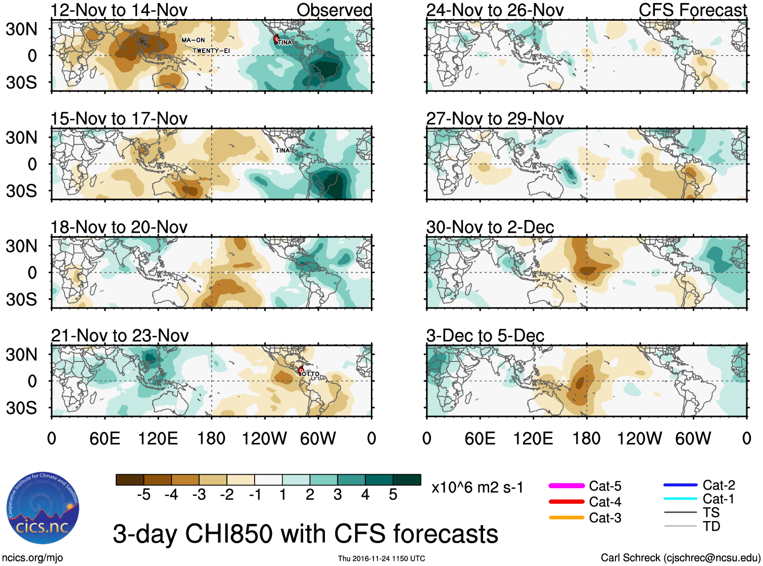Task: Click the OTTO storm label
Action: click(x=311, y=374)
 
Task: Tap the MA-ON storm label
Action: click(x=193, y=40)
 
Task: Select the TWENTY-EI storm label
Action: click(x=211, y=51)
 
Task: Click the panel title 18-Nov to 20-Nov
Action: click(x=119, y=227)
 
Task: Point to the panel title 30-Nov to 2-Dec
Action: click(x=490, y=227)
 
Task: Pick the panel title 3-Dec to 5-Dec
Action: click(x=485, y=336)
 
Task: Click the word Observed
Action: click(x=334, y=10)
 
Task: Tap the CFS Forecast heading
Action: click(x=692, y=10)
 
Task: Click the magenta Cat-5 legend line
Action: click(x=566, y=486)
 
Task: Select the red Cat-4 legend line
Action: click(x=566, y=502)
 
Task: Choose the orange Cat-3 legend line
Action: click(x=566, y=518)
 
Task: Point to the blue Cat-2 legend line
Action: click(x=680, y=485)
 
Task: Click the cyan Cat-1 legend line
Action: click(x=680, y=499)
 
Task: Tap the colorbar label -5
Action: click(x=144, y=495)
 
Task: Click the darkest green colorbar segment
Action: click(x=407, y=480)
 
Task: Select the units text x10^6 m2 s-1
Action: click(x=477, y=488)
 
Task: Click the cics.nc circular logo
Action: click(x=43, y=508)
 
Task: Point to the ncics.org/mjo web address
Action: click(x=32, y=558)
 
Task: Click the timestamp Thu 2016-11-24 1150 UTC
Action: click(x=381, y=558)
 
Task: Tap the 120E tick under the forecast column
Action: click(x=533, y=438)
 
